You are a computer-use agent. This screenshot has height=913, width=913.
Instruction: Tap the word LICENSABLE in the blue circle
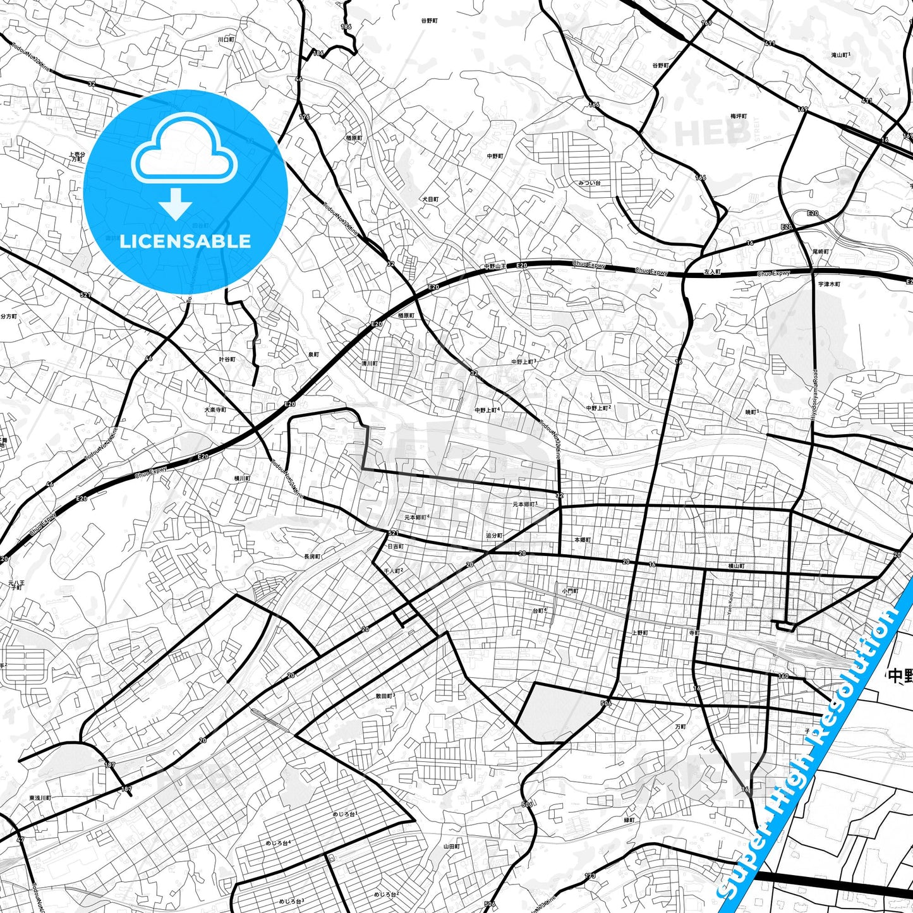click(185, 241)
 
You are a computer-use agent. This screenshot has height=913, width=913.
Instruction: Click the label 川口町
click(226, 39)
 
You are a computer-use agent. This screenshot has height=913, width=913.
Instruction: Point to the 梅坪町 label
click(739, 116)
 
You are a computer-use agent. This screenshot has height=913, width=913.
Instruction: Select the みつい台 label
click(589, 183)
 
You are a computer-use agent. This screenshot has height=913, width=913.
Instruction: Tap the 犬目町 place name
click(430, 199)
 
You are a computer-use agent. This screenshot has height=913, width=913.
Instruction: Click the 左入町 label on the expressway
click(712, 272)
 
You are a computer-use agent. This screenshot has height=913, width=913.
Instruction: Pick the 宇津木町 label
click(829, 284)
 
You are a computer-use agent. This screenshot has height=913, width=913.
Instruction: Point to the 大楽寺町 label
click(215, 409)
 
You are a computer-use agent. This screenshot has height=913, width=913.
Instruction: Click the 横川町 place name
click(242, 479)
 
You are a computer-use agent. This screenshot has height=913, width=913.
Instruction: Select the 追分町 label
click(494, 535)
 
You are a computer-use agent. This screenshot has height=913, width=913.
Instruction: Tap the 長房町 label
click(312, 557)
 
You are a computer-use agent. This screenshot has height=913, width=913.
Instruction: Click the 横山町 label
click(736, 566)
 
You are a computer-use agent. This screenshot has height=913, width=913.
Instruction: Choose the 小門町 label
click(570, 591)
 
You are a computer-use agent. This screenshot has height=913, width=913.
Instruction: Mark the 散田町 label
click(385, 696)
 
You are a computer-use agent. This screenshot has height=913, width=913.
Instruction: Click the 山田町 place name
click(451, 846)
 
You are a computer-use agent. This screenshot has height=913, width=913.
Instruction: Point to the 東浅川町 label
click(40, 798)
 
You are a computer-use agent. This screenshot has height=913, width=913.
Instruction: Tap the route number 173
click(590, 876)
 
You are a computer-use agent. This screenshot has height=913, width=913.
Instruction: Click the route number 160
click(783, 677)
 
